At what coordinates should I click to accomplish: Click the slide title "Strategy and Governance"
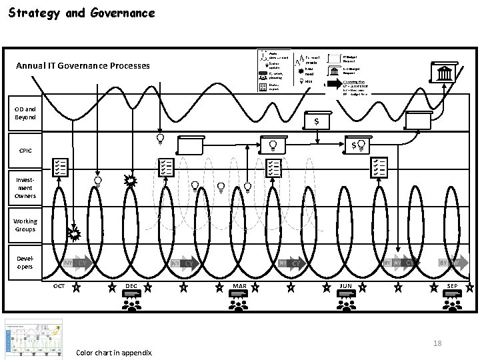pyautogui.click(x=81, y=13)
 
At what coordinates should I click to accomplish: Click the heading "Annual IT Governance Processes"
pyautogui.click(x=83, y=66)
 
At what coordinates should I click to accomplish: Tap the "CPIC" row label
pyautogui.click(x=25, y=151)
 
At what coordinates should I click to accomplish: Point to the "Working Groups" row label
pyautogui.click(x=25, y=225)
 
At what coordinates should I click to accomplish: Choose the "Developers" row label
pyautogui.click(x=25, y=262)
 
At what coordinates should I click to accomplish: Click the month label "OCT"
pyautogui.click(x=59, y=286)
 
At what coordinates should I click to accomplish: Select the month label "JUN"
pyautogui.click(x=345, y=286)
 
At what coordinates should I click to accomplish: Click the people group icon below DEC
pyautogui.click(x=131, y=303)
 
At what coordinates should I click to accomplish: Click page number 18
pyautogui.click(x=437, y=343)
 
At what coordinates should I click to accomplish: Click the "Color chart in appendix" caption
pyautogui.click(x=114, y=353)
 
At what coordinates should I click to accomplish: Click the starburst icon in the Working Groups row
pyautogui.click(x=74, y=233)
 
